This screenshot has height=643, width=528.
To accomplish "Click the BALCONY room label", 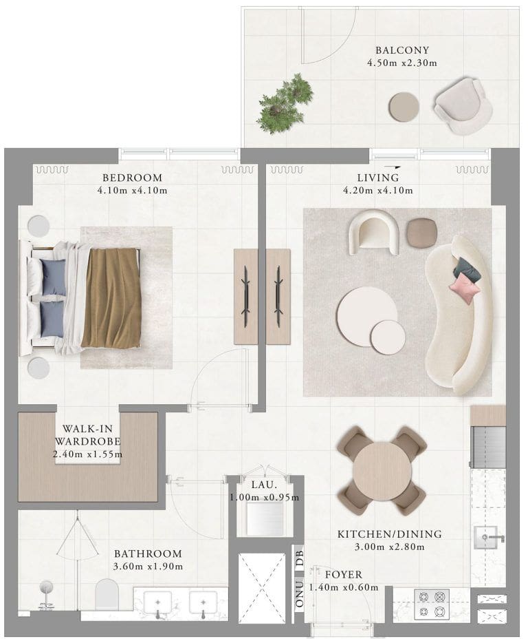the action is [401, 50].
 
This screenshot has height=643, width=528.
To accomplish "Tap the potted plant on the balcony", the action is [285, 104].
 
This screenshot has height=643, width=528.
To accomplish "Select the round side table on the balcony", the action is [404, 106].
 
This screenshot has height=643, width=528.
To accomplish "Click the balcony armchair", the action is [463, 106].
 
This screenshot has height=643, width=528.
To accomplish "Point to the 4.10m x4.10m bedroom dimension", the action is [132, 190].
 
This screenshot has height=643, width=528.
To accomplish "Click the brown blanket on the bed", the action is [112, 297].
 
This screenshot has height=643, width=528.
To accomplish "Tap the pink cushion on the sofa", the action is [465, 287].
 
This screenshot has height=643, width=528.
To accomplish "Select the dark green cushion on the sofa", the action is [467, 269].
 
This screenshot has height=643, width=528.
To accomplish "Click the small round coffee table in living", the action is [388, 337].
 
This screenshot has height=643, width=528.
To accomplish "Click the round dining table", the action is [382, 471].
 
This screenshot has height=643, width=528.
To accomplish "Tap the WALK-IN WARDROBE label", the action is [88, 434].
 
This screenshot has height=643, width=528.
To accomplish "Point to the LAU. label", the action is [264, 484].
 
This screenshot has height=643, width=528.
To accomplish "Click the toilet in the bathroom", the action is [107, 594].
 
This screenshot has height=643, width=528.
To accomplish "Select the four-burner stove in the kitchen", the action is [432, 604].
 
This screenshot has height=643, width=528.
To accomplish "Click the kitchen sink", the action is [485, 537].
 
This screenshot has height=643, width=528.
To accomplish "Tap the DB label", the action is [300, 558].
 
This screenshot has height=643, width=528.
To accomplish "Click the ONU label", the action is [300, 594].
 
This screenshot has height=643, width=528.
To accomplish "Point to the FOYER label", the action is [344, 575].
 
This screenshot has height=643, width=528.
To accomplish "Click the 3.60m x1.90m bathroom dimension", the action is [148, 567].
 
